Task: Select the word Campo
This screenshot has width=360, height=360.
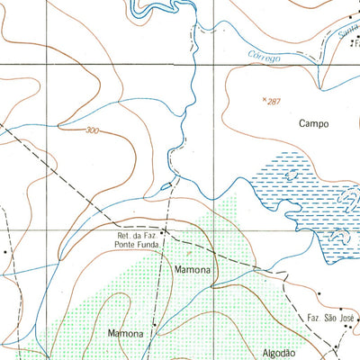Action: pos(308,124)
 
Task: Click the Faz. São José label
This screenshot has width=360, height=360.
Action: pos(333,319)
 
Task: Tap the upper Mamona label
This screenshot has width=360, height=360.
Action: pos(192,269)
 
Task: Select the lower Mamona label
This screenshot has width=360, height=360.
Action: pos(125,334)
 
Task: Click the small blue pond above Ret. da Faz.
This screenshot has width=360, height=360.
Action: pos(165,186)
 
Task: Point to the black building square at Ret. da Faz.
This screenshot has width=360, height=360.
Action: pos(164,240)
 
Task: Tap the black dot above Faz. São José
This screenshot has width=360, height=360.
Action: pos(319,292)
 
